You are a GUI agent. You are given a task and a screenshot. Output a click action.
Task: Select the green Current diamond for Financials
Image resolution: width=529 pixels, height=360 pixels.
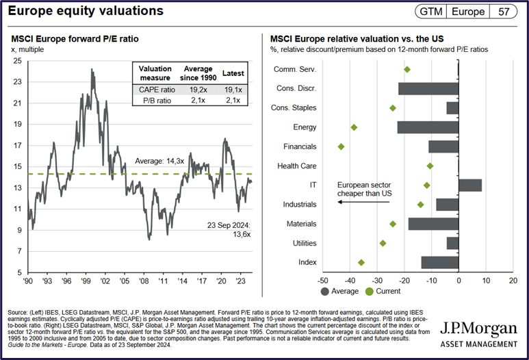click(341, 146)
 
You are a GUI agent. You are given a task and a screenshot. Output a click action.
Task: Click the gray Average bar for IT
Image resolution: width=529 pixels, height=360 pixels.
click(470, 185)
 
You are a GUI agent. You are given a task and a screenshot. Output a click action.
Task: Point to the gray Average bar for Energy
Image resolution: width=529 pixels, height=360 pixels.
click(428, 127)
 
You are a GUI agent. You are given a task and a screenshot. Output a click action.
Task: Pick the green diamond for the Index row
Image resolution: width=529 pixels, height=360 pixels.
click(361, 262)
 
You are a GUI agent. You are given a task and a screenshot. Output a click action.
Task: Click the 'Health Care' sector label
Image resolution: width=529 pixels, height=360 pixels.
click(296, 166)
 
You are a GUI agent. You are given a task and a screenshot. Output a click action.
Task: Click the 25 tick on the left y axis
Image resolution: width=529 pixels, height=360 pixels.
click(17, 61)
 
